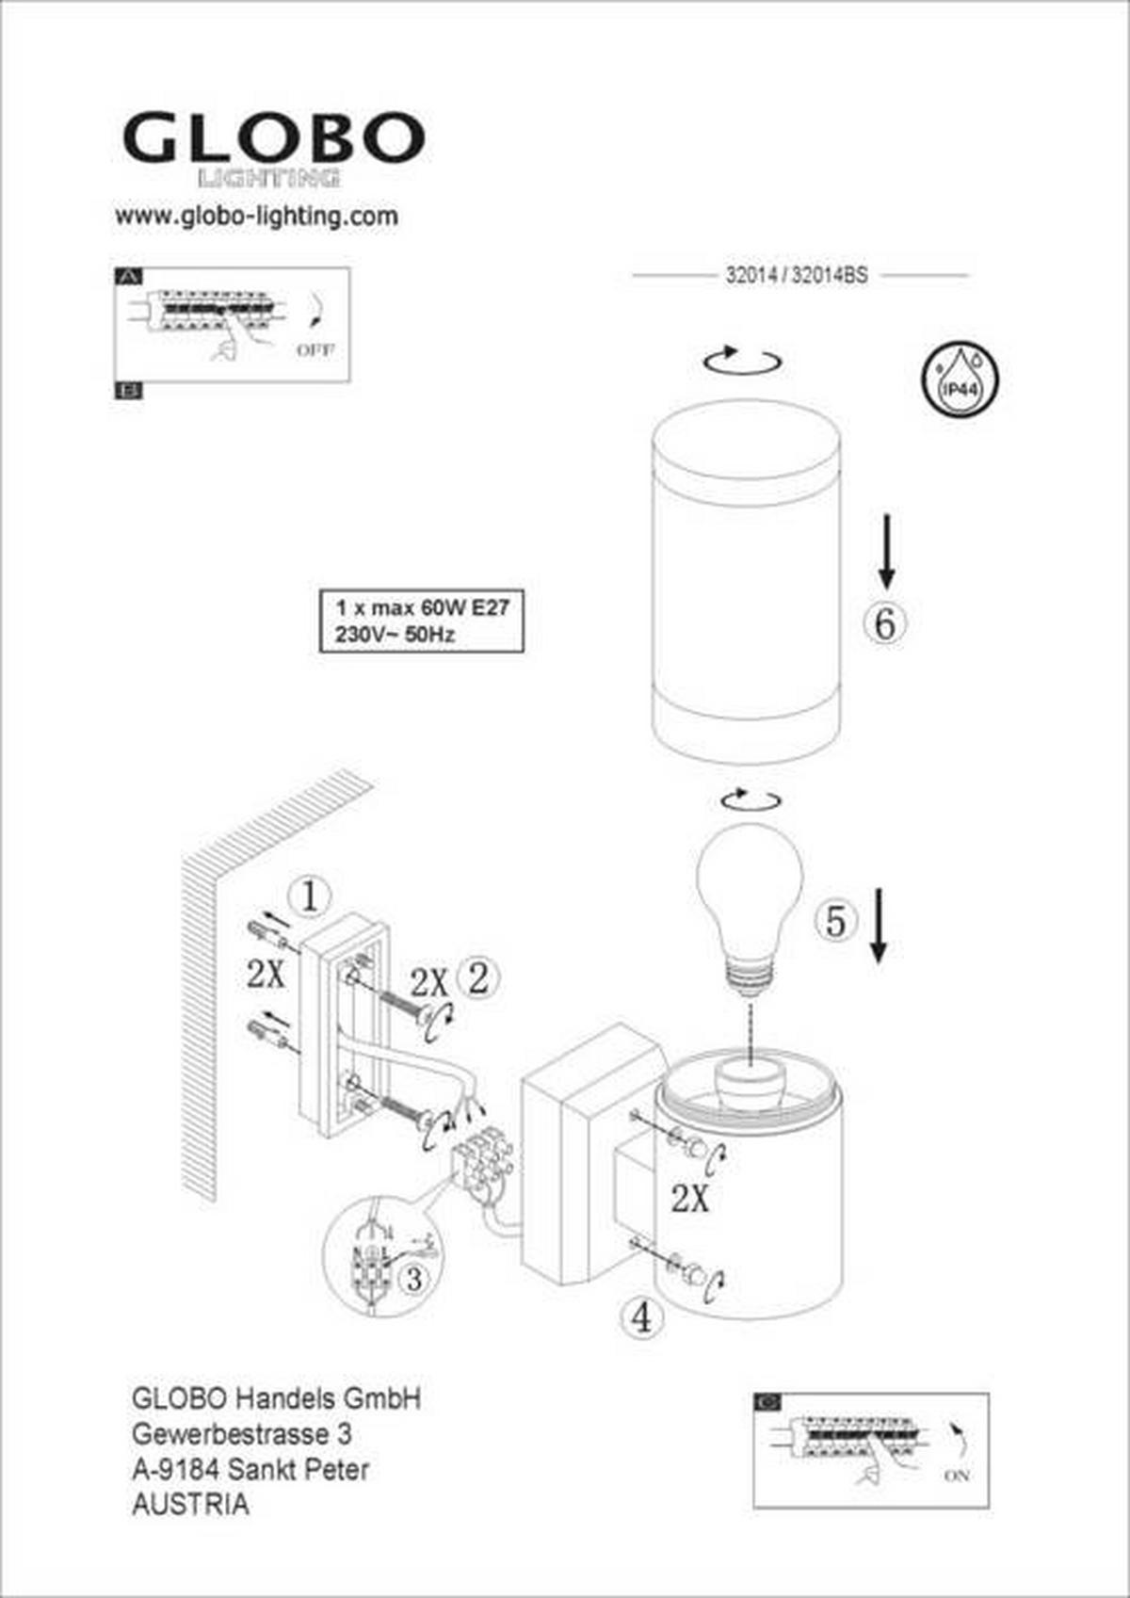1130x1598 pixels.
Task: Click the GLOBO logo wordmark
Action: pyautogui.click(x=273, y=138)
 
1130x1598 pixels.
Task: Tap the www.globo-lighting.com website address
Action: pyautogui.click(x=256, y=217)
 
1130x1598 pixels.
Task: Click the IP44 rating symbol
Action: pyautogui.click(x=959, y=379)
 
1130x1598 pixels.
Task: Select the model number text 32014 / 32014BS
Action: pyautogui.click(x=797, y=275)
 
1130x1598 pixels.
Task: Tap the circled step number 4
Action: pyautogui.click(x=641, y=1316)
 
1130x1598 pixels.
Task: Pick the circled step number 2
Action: pyautogui.click(x=478, y=978)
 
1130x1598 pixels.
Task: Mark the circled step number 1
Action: pyautogui.click(x=311, y=896)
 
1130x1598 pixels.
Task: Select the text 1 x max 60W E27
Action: pyautogui.click(x=422, y=607)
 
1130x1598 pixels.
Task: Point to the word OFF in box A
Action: pyautogui.click(x=315, y=349)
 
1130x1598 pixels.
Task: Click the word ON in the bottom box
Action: pyautogui.click(x=956, y=1476)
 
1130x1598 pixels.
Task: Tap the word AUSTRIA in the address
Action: pyautogui.click(x=191, y=1505)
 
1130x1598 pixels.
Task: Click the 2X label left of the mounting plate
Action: pyautogui.click(x=266, y=975)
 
